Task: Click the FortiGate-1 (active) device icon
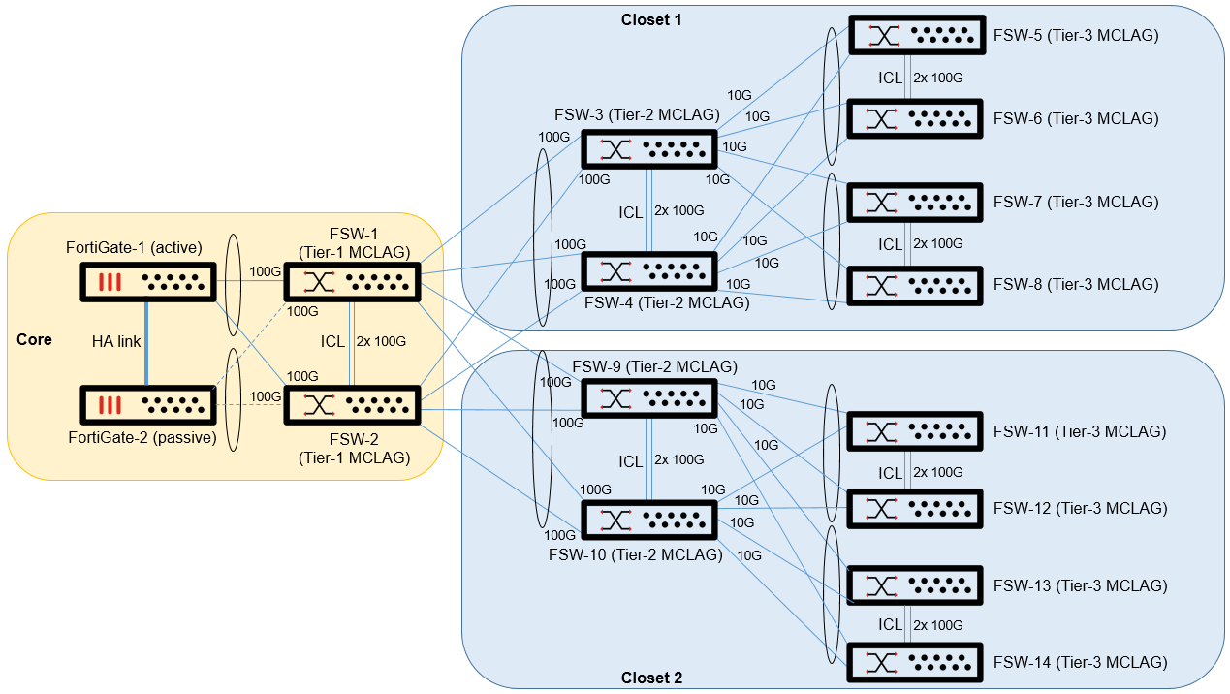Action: [x=146, y=282]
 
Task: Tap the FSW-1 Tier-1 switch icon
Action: [x=351, y=282]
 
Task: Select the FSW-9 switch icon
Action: [x=648, y=398]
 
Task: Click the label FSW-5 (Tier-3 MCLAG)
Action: [x=1076, y=36]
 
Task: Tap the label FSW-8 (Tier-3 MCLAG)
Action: [x=1076, y=284]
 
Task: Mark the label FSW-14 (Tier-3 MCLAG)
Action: [x=1080, y=662]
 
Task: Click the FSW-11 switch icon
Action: [x=915, y=431]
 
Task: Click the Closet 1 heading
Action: [x=651, y=19]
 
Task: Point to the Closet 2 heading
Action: [x=651, y=678]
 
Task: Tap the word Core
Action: [x=35, y=340]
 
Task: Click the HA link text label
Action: [x=116, y=341]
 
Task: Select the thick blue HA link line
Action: [x=146, y=343]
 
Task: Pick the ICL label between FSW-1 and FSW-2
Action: [x=331, y=341]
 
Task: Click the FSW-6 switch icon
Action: [x=915, y=119]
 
